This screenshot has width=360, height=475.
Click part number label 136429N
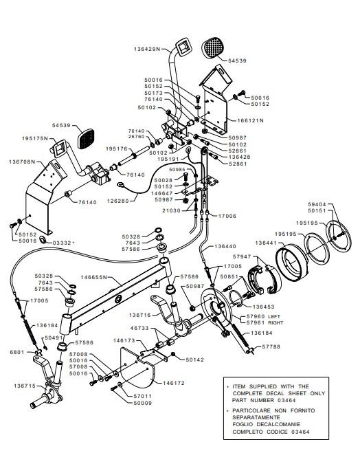tap(146, 49)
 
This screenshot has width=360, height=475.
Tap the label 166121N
tap(250, 120)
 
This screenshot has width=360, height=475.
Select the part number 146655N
tap(94, 277)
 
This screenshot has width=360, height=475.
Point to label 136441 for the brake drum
tap(266, 243)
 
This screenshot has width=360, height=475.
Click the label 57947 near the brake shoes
tap(242, 256)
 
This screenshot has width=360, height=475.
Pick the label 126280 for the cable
tap(118, 201)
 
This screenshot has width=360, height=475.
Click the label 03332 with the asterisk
tap(64, 243)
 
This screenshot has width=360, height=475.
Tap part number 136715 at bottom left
tap(25, 386)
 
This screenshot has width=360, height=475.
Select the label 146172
tap(174, 383)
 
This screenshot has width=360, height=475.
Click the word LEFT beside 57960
tap(274, 316)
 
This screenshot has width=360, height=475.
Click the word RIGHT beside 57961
tap(275, 322)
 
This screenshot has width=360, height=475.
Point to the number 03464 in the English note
tap(286, 400)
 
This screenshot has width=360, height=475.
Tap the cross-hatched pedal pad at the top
tap(214, 47)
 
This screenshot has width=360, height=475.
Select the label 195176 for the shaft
tap(117, 148)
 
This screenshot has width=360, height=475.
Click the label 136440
tap(225, 246)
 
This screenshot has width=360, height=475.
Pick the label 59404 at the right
tap(317, 204)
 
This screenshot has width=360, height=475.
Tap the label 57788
tap(271, 346)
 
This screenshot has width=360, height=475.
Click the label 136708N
tap(22, 162)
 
